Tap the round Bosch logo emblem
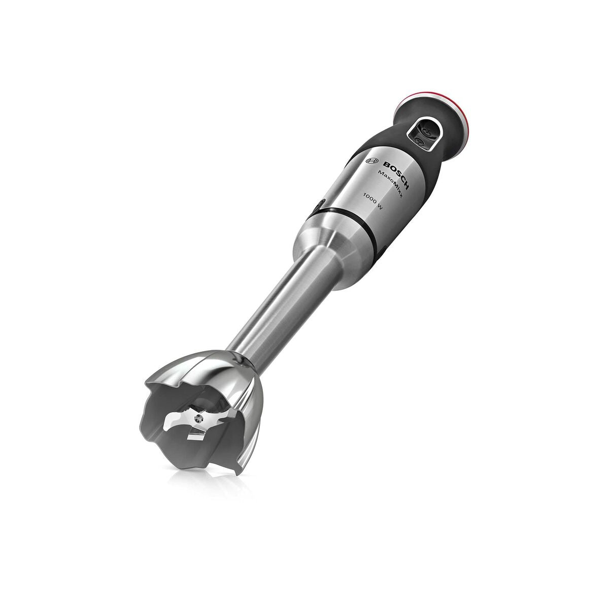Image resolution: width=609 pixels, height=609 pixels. click(373, 161)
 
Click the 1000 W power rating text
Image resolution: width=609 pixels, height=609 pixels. click(373, 201)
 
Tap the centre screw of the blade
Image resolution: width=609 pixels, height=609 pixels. click(198, 419)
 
